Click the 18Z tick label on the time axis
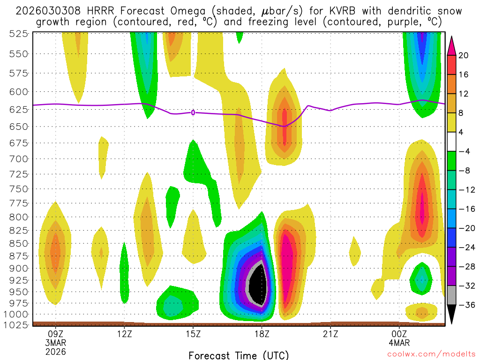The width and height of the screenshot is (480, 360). click(262, 334)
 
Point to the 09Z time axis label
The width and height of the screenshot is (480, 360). click(56, 334)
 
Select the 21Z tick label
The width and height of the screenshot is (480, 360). click(330, 334)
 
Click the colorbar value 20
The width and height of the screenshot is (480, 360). click(464, 55)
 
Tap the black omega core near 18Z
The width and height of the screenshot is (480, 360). click(257, 285)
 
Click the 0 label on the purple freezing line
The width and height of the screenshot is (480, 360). click(193, 112)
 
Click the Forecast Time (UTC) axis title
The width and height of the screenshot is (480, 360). click(239, 355)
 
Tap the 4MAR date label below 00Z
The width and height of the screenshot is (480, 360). click(399, 343)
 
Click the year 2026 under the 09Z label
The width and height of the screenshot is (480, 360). click(56, 351)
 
